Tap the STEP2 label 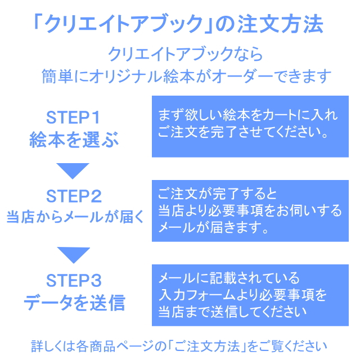73,196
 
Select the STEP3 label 73,280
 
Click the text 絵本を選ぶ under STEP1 74,140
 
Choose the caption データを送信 74,303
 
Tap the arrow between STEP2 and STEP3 73,254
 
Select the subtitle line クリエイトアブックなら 185,54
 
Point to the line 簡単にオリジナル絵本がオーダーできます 186,76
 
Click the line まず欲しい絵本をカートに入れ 247,116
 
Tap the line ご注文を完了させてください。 243,134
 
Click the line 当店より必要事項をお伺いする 249,210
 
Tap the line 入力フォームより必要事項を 242,295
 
